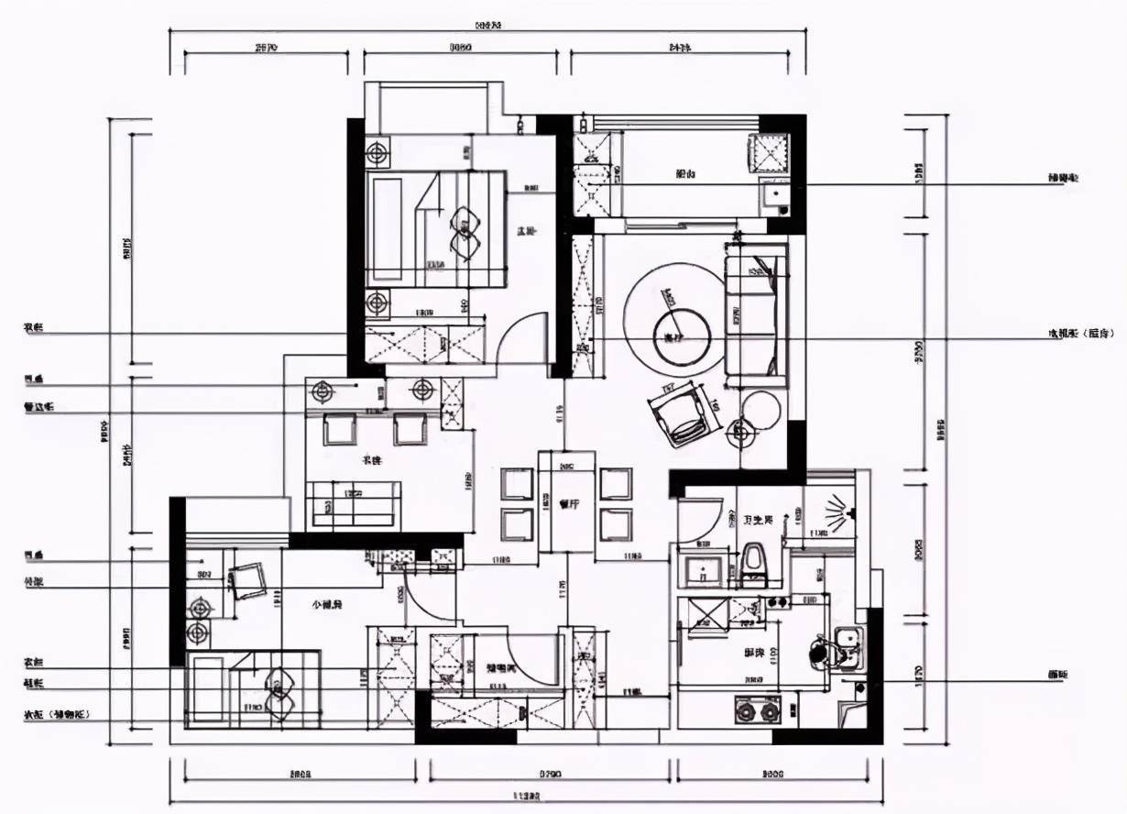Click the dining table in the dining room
(565, 501)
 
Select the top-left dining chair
(517, 483)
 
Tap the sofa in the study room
(354, 503)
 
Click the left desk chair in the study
(339, 428)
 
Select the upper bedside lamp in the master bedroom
(378, 153)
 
